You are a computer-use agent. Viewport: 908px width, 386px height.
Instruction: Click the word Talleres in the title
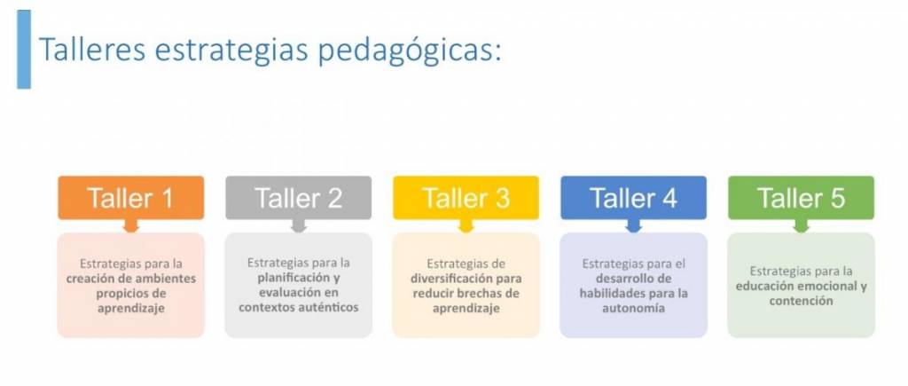[92, 50]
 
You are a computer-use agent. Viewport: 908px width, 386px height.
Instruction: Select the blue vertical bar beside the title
[24, 50]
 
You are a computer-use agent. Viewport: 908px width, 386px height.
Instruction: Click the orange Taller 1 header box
[131, 198]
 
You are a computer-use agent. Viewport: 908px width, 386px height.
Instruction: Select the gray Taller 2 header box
[298, 198]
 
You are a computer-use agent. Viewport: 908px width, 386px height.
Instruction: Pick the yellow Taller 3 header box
[466, 198]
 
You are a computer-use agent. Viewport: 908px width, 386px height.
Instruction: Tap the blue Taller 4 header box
[633, 198]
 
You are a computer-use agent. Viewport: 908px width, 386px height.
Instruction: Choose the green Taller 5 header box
[801, 198]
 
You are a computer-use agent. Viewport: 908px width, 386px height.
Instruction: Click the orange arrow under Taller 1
[131, 226]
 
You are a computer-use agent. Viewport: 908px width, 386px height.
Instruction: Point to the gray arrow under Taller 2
[298, 226]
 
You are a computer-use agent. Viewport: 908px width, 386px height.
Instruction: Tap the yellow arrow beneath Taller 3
[466, 226]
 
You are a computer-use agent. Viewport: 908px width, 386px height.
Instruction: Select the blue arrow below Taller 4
[633, 226]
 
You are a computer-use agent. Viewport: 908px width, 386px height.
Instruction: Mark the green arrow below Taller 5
[801, 226]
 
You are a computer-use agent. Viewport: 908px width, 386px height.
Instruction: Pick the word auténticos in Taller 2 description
[331, 307]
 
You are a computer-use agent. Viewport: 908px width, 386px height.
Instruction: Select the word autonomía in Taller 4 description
[633, 308]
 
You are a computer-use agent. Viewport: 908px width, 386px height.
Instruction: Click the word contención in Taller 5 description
[801, 302]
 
